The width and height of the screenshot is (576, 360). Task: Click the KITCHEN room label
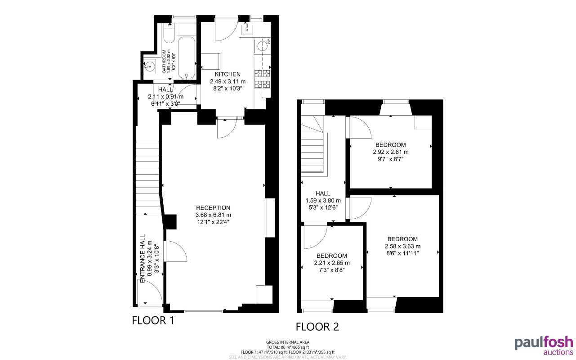click(x=228, y=74)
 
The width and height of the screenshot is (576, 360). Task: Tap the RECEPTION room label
click(x=213, y=208)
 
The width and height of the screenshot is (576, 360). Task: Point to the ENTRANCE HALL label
click(x=143, y=258)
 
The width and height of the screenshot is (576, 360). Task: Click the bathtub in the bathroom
click(x=186, y=58)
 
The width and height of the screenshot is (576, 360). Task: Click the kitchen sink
click(x=247, y=30)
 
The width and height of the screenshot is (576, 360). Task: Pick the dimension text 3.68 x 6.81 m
click(x=213, y=215)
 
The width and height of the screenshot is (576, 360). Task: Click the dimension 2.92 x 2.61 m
click(x=390, y=152)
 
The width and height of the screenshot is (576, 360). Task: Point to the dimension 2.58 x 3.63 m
click(x=402, y=246)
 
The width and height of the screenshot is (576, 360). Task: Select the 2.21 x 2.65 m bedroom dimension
click(x=331, y=263)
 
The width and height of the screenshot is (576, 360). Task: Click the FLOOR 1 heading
click(x=153, y=320)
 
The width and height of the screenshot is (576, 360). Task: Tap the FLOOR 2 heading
click(x=317, y=327)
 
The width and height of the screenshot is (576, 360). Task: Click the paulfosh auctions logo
click(x=544, y=345)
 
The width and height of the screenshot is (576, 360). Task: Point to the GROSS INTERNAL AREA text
click(x=288, y=342)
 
